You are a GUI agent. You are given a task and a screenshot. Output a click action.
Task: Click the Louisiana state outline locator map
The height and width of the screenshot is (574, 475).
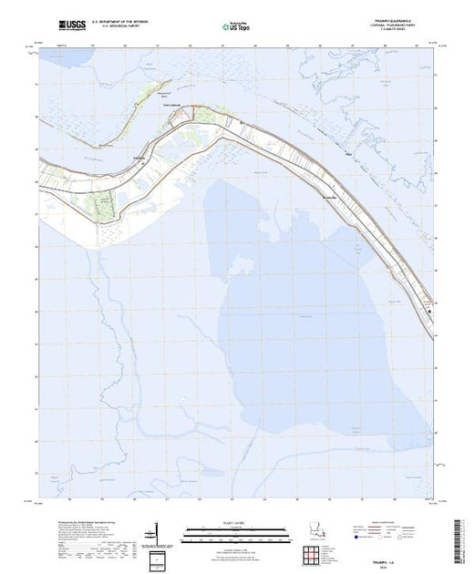(x=315, y=530)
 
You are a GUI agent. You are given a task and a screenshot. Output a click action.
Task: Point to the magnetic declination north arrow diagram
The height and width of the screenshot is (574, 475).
(x=159, y=533)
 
